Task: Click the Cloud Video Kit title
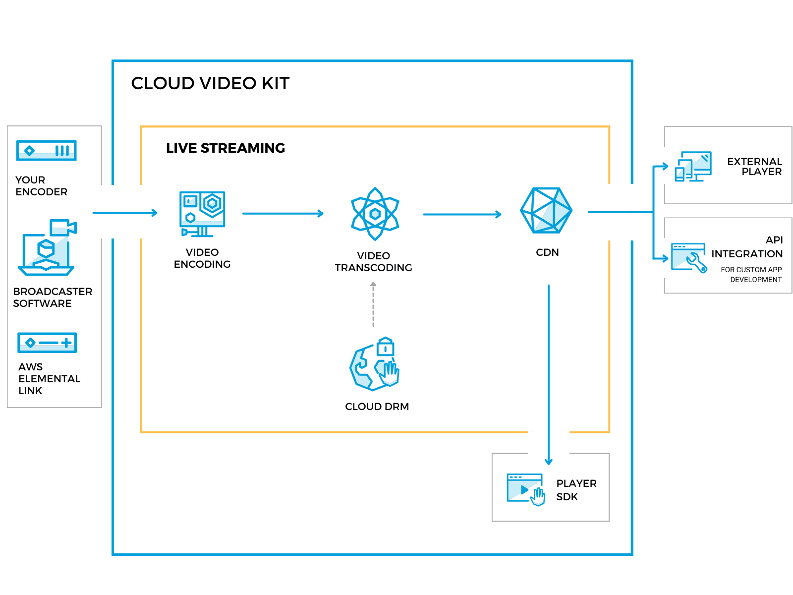click(210, 83)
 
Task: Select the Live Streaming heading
click(225, 148)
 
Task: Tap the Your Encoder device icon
click(47, 150)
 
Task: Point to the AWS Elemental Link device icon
click(47, 343)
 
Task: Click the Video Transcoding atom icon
click(375, 214)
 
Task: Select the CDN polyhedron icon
click(547, 210)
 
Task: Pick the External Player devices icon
click(693, 166)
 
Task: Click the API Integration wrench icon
click(689, 257)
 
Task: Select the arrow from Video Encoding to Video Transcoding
click(283, 214)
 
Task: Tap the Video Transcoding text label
click(373, 262)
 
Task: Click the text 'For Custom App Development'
click(751, 275)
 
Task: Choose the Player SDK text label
click(576, 490)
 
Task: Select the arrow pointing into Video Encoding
click(125, 213)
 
